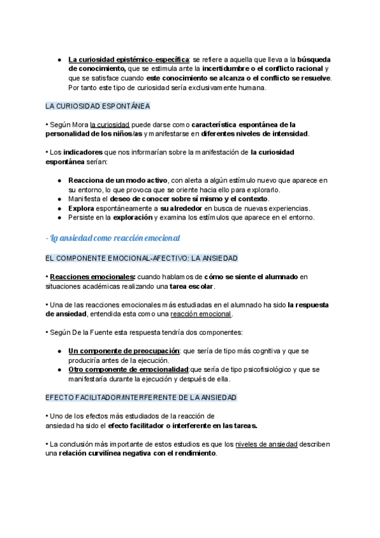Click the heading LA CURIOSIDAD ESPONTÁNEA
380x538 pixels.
click(98, 106)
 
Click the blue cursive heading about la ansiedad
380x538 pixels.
click(113, 238)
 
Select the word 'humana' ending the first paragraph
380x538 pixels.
click(251, 88)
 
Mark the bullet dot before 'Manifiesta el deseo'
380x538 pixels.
click(59, 199)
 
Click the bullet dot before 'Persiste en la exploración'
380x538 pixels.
click(59, 218)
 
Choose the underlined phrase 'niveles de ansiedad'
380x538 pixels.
click(266, 444)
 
